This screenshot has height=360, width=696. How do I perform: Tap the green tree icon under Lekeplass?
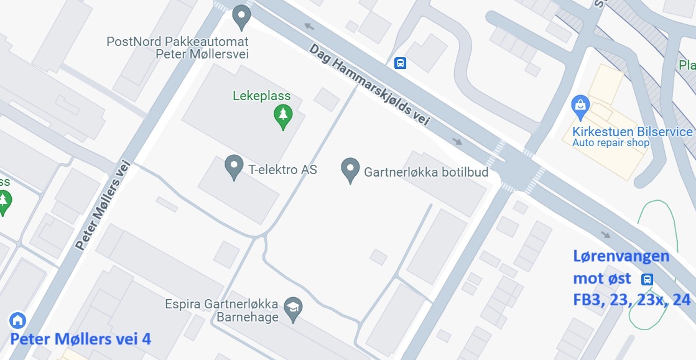(x=284, y=115)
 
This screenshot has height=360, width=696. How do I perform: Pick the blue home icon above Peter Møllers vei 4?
(x=17, y=320)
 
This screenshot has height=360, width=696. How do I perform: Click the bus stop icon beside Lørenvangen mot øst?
(x=647, y=279)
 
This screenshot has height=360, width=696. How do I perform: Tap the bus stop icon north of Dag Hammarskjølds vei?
(x=400, y=63)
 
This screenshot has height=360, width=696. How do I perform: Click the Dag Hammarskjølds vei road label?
(x=369, y=85)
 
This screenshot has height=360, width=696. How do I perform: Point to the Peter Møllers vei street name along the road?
(x=102, y=205)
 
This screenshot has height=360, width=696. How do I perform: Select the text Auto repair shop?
(x=611, y=143)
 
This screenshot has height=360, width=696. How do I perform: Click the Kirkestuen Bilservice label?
(x=633, y=132)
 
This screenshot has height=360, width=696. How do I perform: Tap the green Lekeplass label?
(x=261, y=96)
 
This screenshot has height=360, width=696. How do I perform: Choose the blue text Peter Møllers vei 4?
(x=80, y=339)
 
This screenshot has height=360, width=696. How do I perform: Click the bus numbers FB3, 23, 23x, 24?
(x=631, y=300)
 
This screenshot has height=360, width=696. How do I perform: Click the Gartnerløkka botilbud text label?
(x=426, y=172)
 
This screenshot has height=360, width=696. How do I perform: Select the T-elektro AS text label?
(x=282, y=169)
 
